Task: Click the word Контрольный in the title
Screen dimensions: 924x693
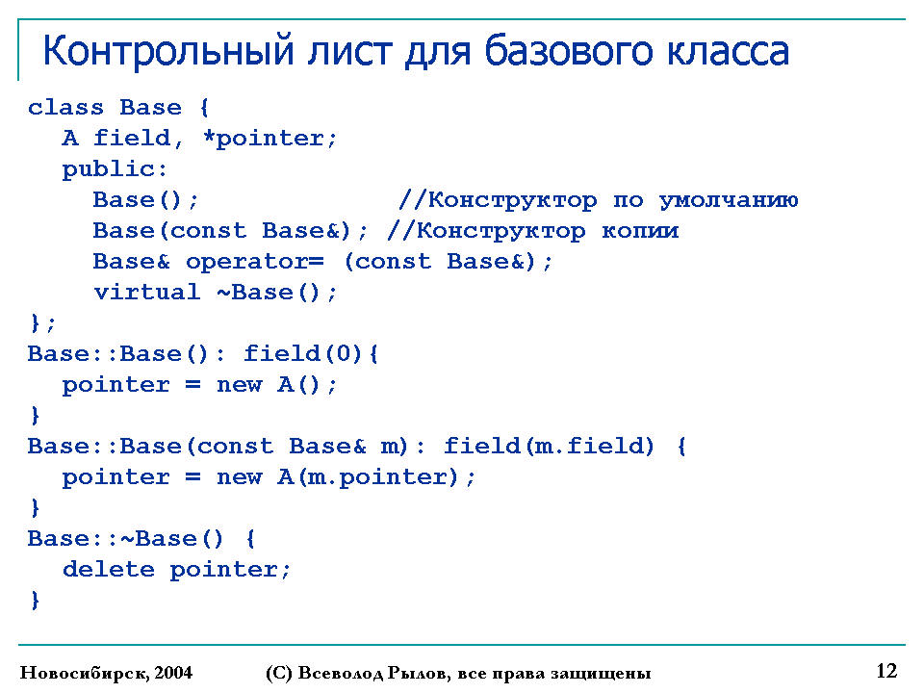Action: pos(167,52)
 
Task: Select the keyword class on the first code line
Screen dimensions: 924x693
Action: pos(65,107)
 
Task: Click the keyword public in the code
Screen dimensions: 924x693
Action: pos(108,169)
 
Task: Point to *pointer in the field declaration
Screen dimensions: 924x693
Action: pos(269,139)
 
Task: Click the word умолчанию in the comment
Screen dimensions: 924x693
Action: pos(729,200)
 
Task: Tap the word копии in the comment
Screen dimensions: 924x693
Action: pos(640,231)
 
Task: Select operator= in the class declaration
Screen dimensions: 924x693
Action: pos(254,262)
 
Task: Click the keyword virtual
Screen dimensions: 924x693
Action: pos(146,293)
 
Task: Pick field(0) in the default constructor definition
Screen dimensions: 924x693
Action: pos(303,353)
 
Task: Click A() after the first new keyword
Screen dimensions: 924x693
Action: pos(298,385)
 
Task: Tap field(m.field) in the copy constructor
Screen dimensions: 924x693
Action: pos(550,446)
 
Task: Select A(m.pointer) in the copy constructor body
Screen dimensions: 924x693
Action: pos(368,476)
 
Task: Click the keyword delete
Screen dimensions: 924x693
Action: pos(109,569)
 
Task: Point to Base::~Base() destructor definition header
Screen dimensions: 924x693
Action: pos(125,539)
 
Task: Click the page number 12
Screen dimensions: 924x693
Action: pos(886,671)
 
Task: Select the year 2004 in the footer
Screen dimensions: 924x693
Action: pos(174,673)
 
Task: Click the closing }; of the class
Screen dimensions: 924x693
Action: pos(41,323)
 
